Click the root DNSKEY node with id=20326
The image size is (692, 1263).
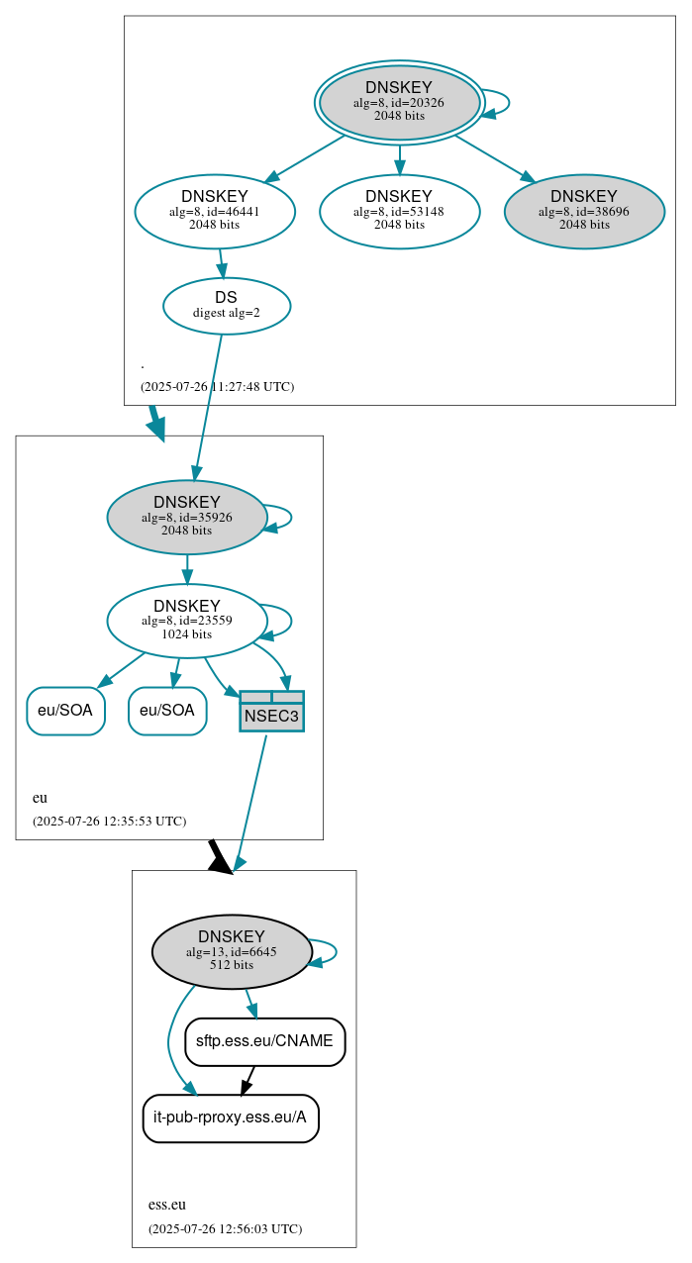pyautogui.click(x=399, y=102)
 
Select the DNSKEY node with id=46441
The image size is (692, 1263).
pyautogui.click(x=215, y=211)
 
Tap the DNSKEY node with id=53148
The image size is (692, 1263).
pyautogui.click(x=399, y=211)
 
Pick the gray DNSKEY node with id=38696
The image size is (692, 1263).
pyautogui.click(x=584, y=211)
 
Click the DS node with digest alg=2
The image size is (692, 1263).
pyautogui.click(x=227, y=305)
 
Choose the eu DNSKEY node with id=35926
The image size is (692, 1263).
pyautogui.click(x=187, y=517)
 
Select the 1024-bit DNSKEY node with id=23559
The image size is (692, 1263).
pyautogui.click(x=187, y=621)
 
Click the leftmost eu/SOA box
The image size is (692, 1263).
pyautogui.click(x=65, y=711)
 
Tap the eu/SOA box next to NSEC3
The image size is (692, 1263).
pyautogui.click(x=167, y=711)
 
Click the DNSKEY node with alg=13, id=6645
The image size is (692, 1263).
pyautogui.click(x=232, y=951)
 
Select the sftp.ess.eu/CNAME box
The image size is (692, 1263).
pyautogui.click(x=264, y=1041)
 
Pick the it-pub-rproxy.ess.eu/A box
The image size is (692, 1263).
pyautogui.click(x=231, y=1117)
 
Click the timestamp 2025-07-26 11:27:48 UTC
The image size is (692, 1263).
pyautogui.click(x=217, y=386)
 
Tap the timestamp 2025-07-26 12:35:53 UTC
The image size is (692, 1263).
pyautogui.click(x=109, y=821)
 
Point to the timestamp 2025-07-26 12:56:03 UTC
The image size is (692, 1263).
pyautogui.click(x=225, y=1228)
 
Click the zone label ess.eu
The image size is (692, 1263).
pyautogui.click(x=167, y=1205)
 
